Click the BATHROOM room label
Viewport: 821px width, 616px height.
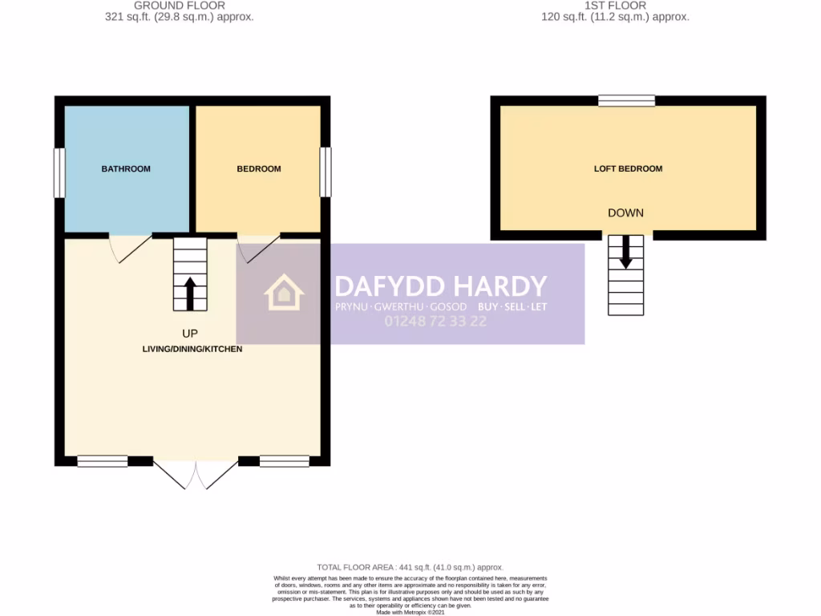(126, 169)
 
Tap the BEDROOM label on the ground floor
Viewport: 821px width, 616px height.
(259, 169)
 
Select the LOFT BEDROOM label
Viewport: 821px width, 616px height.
(628, 169)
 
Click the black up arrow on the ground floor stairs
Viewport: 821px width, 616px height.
(190, 293)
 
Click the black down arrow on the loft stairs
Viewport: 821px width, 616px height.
(626, 252)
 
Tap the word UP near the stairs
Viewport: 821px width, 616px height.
(190, 333)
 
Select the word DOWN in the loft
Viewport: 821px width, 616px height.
(626, 213)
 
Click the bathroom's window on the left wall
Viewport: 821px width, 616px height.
(59, 172)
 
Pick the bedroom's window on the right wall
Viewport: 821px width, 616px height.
(325, 172)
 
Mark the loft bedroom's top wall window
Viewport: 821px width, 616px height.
(626, 100)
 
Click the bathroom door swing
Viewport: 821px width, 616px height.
(128, 248)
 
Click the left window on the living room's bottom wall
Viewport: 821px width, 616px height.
(103, 461)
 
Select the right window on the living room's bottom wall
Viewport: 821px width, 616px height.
(285, 461)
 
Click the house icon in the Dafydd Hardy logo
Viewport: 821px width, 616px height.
(285, 294)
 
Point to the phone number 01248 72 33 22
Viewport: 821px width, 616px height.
(435, 322)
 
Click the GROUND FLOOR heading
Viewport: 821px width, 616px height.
(180, 6)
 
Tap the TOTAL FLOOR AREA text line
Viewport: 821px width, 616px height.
(410, 567)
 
